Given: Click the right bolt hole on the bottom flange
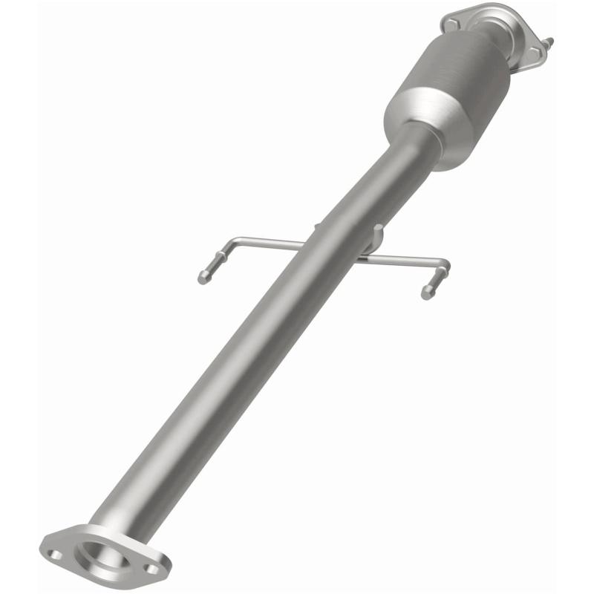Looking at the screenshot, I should (x=152, y=569).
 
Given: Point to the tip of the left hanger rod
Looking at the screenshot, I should (x=202, y=280).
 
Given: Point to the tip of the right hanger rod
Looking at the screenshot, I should (x=427, y=294).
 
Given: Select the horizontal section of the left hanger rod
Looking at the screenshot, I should (x=267, y=241).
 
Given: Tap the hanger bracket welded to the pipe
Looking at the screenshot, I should (x=374, y=240).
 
